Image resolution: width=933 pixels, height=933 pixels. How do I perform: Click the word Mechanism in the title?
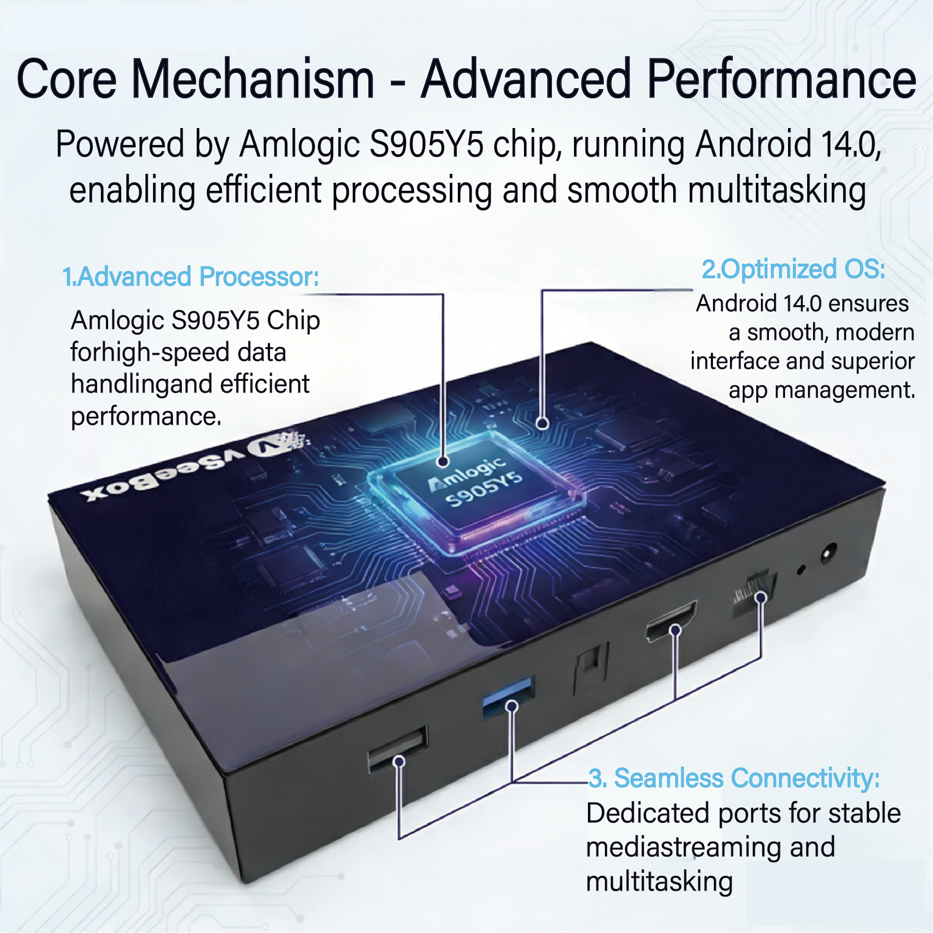[x=253, y=79]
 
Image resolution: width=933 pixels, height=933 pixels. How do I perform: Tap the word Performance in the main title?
[x=781, y=79]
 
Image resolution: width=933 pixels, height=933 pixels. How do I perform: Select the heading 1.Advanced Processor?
[x=191, y=277]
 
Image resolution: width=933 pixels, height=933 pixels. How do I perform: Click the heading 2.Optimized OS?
[x=793, y=269]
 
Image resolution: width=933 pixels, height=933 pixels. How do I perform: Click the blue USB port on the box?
[x=507, y=697]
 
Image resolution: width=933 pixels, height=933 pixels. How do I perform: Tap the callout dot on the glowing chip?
[x=443, y=461]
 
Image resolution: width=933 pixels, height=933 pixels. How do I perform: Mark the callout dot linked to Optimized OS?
[x=542, y=423]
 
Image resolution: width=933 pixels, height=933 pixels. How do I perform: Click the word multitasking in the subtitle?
[x=777, y=190]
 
